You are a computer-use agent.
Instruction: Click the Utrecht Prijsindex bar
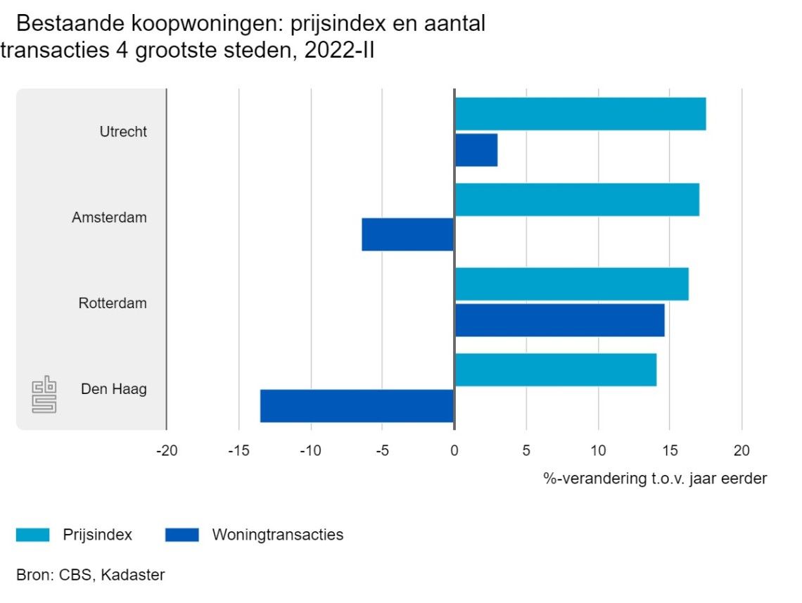click(580, 114)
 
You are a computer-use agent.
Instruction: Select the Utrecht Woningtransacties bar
click(476, 150)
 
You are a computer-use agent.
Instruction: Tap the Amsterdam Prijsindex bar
click(577, 200)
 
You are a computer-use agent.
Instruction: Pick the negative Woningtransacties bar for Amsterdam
click(408, 234)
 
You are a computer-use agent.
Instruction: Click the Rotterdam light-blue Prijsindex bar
click(571, 284)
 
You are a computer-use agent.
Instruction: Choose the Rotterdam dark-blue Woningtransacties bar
click(559, 320)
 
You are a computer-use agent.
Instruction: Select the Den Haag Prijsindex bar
click(555, 370)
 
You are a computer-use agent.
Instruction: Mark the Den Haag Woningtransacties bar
click(357, 406)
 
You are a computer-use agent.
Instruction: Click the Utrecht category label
click(123, 132)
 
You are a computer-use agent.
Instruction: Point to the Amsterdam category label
click(109, 217)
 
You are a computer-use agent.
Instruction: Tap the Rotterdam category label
click(113, 303)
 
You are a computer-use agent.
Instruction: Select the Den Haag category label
click(113, 389)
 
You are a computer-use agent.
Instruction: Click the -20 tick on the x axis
click(166, 450)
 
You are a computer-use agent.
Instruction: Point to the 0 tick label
click(454, 450)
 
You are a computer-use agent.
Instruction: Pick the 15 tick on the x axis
click(669, 450)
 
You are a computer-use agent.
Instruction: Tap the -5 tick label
click(382, 450)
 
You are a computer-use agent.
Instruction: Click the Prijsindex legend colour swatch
click(33, 535)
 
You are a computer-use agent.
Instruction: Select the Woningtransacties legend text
click(278, 535)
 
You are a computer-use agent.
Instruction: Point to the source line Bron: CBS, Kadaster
click(90, 575)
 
